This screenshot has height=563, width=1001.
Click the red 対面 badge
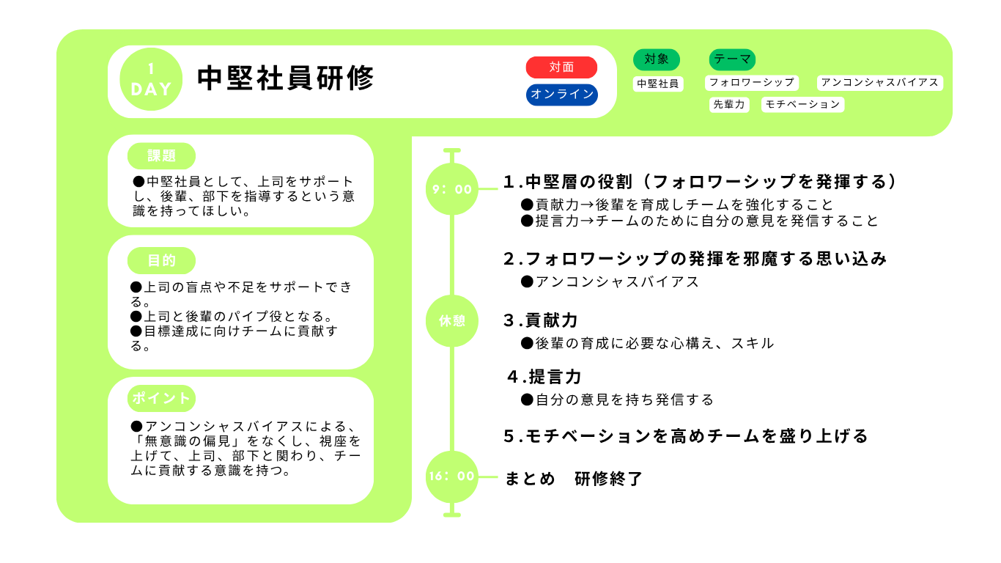pos(561,67)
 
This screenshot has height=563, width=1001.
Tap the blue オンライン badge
pos(562,95)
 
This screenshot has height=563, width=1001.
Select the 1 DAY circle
pos(151,79)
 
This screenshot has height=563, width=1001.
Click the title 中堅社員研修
pos(286,78)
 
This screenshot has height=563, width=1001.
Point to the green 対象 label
pos(657,59)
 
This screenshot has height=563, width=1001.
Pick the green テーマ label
pos(732,59)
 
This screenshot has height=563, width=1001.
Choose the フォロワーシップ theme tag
pos(752,83)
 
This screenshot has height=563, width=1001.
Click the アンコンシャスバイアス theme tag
pos(880,83)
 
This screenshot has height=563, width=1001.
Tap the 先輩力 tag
pos(729,105)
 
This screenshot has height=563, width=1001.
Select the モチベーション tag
pos(802,105)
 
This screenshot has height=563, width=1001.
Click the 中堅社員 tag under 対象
pos(658,84)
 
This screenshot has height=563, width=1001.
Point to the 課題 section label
pos(161,156)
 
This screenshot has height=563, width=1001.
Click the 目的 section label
pos(161,260)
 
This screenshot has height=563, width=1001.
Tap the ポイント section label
pos(161,398)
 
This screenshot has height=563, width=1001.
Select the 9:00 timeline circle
pos(452,189)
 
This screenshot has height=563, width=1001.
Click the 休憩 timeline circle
pos(452,320)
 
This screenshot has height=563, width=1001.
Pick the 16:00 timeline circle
pos(452,476)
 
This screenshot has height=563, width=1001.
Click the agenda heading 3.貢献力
pos(541,320)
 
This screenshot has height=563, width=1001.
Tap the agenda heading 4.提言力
pos(544,377)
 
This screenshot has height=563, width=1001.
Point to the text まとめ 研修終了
pos(574,479)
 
